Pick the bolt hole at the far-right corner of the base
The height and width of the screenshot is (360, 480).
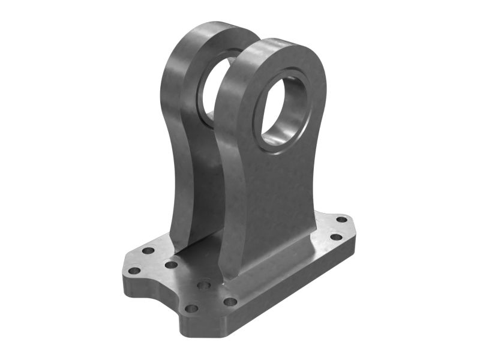pyautogui.click(x=341, y=220)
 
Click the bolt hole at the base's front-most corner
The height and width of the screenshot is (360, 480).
pyautogui.click(x=191, y=309)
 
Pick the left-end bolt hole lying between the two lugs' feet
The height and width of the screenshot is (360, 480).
pyautogui.click(x=171, y=265)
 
